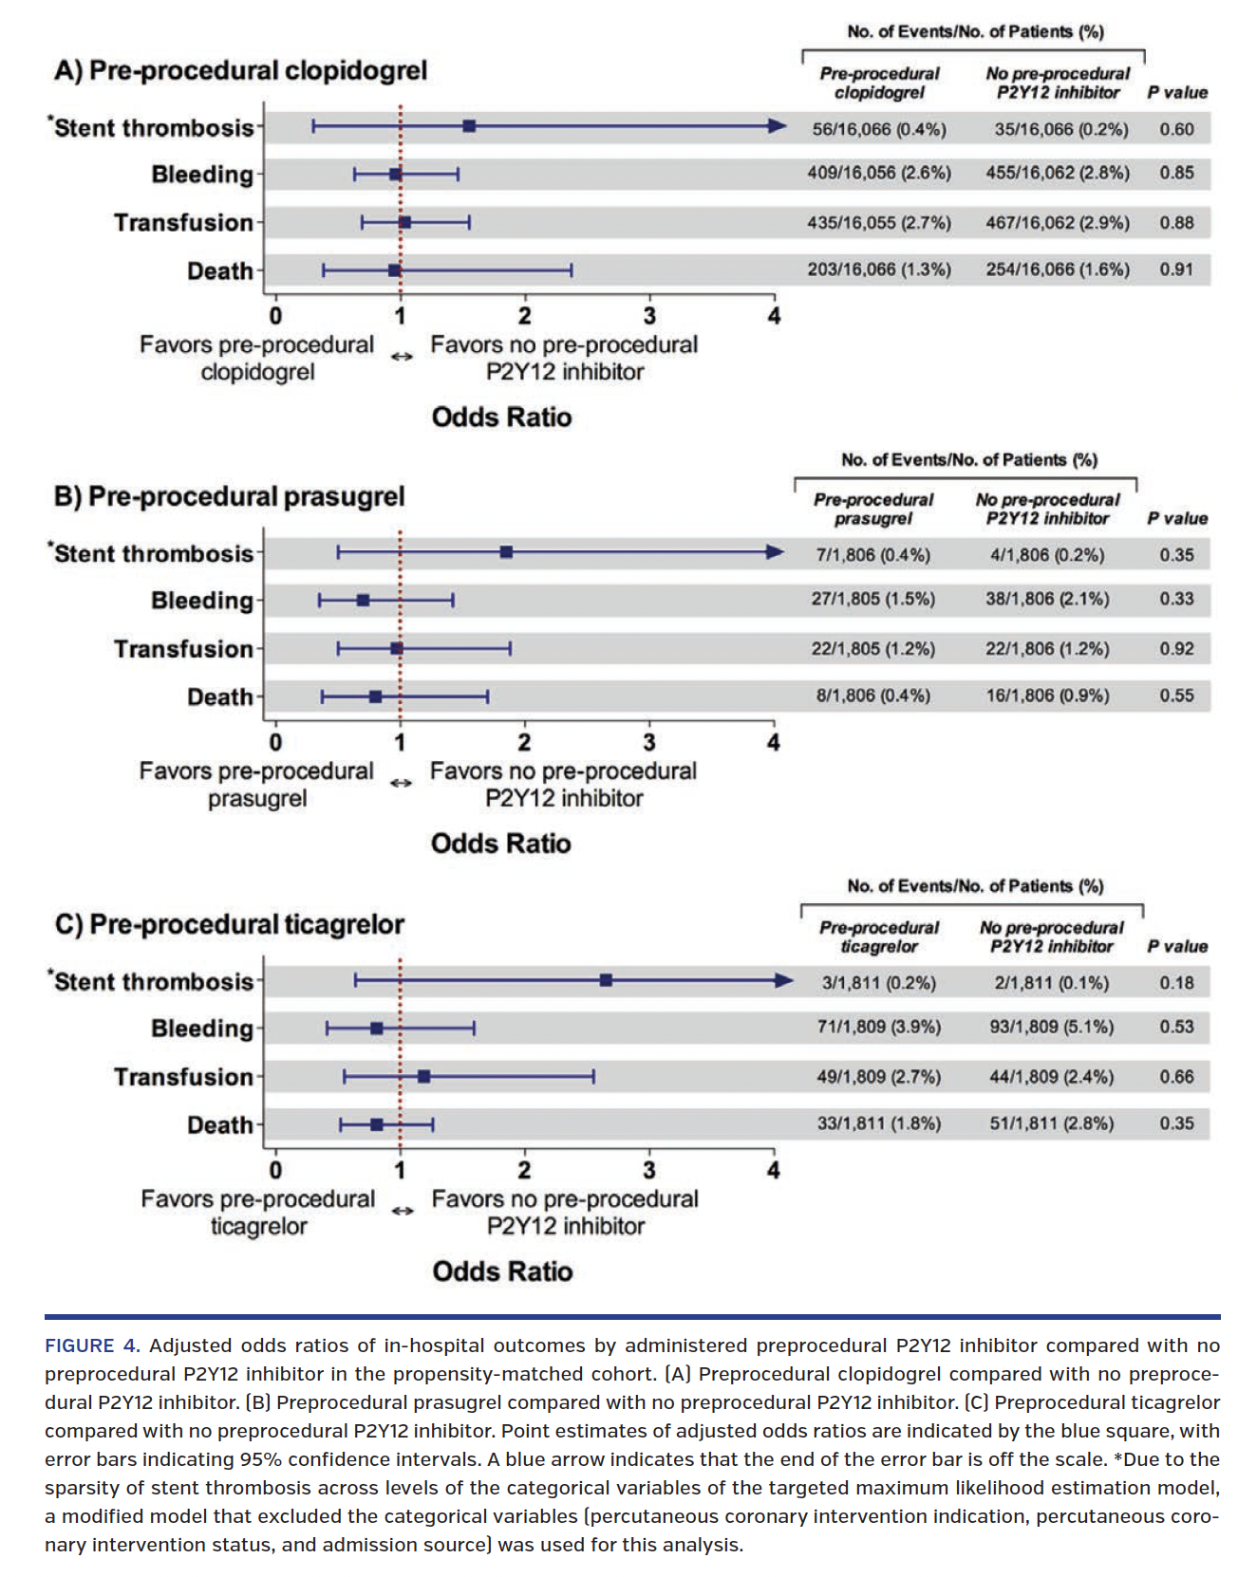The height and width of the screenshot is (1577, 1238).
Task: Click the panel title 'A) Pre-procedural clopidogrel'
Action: pyautogui.click(x=240, y=70)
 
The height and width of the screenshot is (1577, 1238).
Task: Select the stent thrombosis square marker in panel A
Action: pyautogui.click(x=469, y=126)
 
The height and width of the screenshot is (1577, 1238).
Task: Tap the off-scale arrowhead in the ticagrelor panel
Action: pyautogui.click(x=784, y=980)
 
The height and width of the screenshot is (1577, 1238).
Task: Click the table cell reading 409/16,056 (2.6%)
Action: pyautogui.click(x=879, y=173)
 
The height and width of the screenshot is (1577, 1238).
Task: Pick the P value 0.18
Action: pyautogui.click(x=1176, y=983)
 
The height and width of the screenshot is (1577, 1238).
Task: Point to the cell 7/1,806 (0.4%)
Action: pyautogui.click(x=872, y=555)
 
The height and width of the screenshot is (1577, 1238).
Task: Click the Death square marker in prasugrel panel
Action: pyautogui.click(x=375, y=696)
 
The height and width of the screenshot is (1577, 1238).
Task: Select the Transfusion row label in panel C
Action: pyautogui.click(x=183, y=1077)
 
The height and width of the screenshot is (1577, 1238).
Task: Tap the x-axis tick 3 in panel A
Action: pyautogui.click(x=649, y=316)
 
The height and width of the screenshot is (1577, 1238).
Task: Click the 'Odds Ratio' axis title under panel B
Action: pyautogui.click(x=500, y=844)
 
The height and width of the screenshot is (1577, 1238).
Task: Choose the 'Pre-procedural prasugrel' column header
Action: pyautogui.click(x=872, y=509)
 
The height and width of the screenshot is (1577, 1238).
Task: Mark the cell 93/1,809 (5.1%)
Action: pyautogui.click(x=1051, y=1027)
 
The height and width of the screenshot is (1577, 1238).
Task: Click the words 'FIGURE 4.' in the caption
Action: pyautogui.click(x=92, y=1345)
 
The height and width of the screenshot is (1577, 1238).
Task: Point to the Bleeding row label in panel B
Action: pyautogui.click(x=201, y=601)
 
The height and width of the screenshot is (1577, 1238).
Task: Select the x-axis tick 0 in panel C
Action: pyautogui.click(x=275, y=1170)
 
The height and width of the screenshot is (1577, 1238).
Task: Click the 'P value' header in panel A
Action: pyautogui.click(x=1177, y=92)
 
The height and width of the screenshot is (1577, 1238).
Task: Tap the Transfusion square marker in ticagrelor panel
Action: pyautogui.click(x=423, y=1076)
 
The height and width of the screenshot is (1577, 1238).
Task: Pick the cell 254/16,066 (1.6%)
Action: pyautogui.click(x=1057, y=269)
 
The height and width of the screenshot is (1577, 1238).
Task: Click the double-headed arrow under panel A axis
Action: pyautogui.click(x=402, y=357)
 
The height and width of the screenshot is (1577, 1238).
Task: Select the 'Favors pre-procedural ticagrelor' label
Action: pyautogui.click(x=257, y=1212)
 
